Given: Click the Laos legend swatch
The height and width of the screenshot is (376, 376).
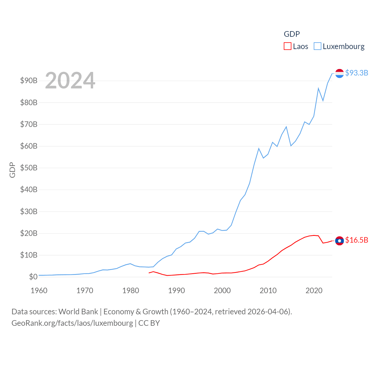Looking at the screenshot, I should [x=287, y=46].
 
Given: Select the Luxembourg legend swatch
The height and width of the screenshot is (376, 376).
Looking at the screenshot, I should [x=318, y=46].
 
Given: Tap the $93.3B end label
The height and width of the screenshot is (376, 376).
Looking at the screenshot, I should [x=357, y=73].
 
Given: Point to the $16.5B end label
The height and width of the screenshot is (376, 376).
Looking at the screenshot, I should [x=357, y=240].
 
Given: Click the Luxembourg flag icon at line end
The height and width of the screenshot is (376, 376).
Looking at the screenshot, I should [x=339, y=73].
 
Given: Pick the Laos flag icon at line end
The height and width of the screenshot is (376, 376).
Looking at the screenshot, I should [x=339, y=241].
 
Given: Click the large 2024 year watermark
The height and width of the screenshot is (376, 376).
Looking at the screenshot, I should [x=70, y=80].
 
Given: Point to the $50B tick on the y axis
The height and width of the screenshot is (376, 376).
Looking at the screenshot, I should [x=29, y=168].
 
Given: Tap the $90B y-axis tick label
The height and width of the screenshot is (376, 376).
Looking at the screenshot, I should [x=29, y=80].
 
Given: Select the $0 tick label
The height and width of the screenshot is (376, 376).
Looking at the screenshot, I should [x=33, y=277].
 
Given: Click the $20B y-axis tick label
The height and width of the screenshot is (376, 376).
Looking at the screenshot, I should [x=29, y=233].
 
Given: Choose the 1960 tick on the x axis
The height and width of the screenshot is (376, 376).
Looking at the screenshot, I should [x=39, y=291].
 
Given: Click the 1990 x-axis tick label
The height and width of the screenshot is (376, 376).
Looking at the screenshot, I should [x=177, y=291].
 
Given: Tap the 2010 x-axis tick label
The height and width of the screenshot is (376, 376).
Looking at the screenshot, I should [x=268, y=291].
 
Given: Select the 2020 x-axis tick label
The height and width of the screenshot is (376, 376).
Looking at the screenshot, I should [x=314, y=291].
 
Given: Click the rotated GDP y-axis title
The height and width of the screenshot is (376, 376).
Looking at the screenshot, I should [x=12, y=170].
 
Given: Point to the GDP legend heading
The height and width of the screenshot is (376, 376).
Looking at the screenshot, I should [x=292, y=34].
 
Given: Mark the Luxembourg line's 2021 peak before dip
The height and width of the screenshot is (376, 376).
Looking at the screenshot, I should [x=318, y=88].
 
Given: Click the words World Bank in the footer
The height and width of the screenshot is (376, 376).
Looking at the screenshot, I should [x=78, y=311].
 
